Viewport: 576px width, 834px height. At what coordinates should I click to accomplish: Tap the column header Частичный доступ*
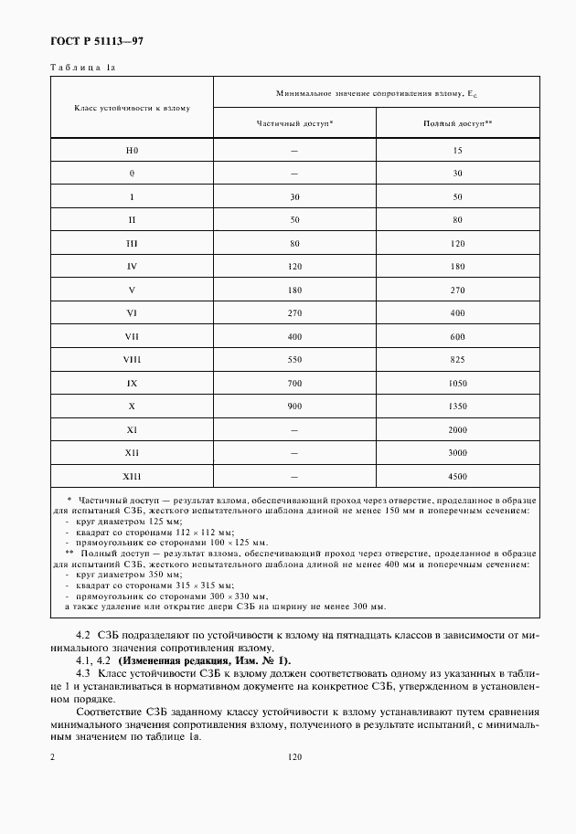tap(293, 121)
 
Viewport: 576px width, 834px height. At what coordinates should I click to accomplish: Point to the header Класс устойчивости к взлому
tap(132, 108)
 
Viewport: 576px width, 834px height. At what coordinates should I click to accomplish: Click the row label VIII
tap(132, 359)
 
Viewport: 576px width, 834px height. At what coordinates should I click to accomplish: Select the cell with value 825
tap(458, 359)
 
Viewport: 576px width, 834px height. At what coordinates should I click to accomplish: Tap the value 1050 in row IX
tap(458, 383)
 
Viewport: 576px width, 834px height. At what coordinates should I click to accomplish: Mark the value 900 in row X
tap(293, 406)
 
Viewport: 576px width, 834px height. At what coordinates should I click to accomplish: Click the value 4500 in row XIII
tap(458, 476)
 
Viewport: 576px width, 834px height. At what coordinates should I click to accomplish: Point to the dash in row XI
tap(293, 429)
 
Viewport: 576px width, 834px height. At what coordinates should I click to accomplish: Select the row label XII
tap(132, 453)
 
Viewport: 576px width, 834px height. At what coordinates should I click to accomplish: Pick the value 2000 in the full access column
tap(458, 429)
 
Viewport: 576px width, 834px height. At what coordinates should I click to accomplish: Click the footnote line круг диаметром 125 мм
tap(123, 521)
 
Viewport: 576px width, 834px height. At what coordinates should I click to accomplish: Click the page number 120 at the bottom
tap(293, 757)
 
